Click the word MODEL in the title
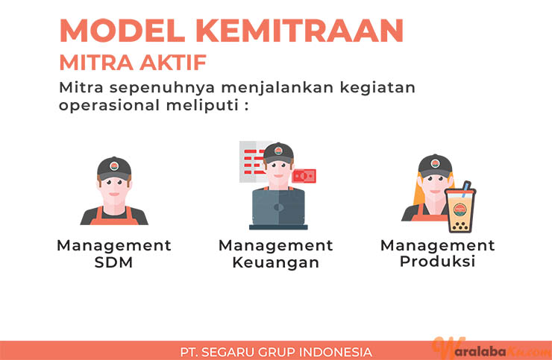point(122,31)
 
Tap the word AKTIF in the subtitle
point(173,63)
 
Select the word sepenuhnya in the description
point(162,88)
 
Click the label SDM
point(113,262)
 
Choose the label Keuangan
point(276,263)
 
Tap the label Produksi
point(438,262)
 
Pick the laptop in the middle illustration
point(278,209)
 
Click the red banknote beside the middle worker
point(304,176)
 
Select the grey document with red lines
point(252,162)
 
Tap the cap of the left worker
point(114,168)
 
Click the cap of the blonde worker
point(435,166)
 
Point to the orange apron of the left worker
point(114,217)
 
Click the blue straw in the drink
point(465,189)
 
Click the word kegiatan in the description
point(377,88)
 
